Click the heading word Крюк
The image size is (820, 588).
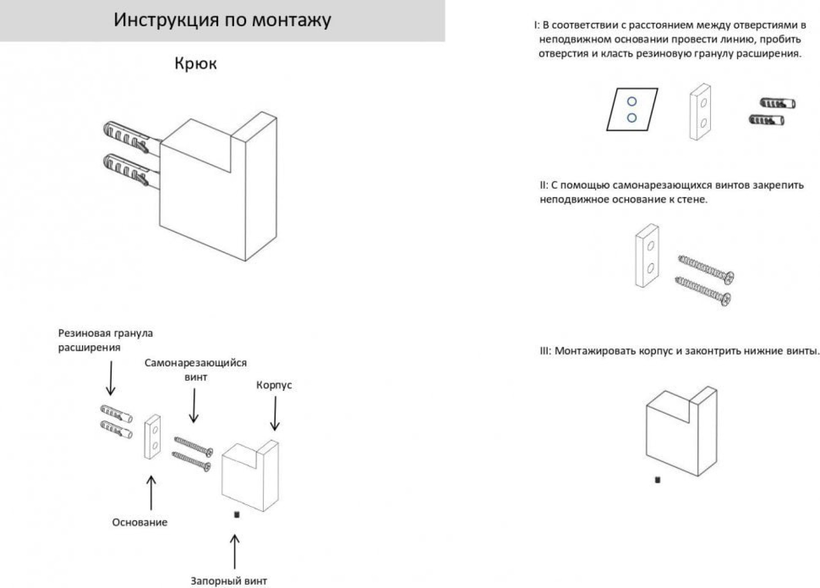(x=196, y=64)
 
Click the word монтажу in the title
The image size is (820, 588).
(x=292, y=20)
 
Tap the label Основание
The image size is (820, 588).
(x=139, y=522)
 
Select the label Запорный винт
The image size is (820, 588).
(x=228, y=581)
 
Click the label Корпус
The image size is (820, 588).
(x=274, y=385)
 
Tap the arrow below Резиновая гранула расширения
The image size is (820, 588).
(x=111, y=378)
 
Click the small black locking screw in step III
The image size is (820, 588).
(x=658, y=480)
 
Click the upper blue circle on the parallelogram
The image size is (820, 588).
(x=632, y=101)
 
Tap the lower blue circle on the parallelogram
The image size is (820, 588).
(x=632, y=118)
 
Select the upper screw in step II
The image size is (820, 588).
(x=706, y=269)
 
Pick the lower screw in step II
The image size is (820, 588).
(x=703, y=291)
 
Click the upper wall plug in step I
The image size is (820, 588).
(x=777, y=103)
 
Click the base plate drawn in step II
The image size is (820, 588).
(x=647, y=256)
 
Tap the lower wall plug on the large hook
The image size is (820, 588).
(x=125, y=169)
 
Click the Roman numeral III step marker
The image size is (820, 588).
(x=545, y=351)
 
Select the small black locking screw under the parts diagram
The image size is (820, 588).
(x=237, y=514)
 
